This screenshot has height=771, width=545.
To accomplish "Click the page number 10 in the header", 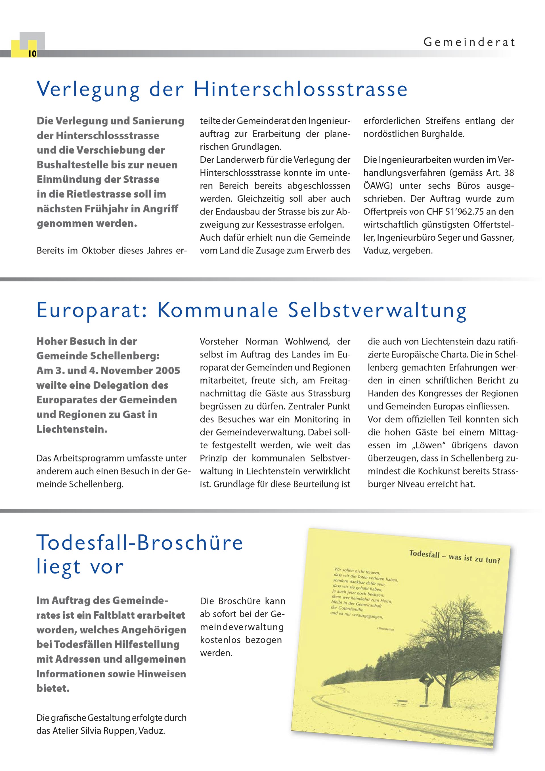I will [32, 54].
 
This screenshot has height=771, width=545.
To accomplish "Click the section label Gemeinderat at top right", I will [469, 42].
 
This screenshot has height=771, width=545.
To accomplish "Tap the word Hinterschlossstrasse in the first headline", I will [300, 89].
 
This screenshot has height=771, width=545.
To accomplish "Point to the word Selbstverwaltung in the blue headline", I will [377, 310].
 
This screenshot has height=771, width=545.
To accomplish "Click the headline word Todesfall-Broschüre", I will [139, 542].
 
